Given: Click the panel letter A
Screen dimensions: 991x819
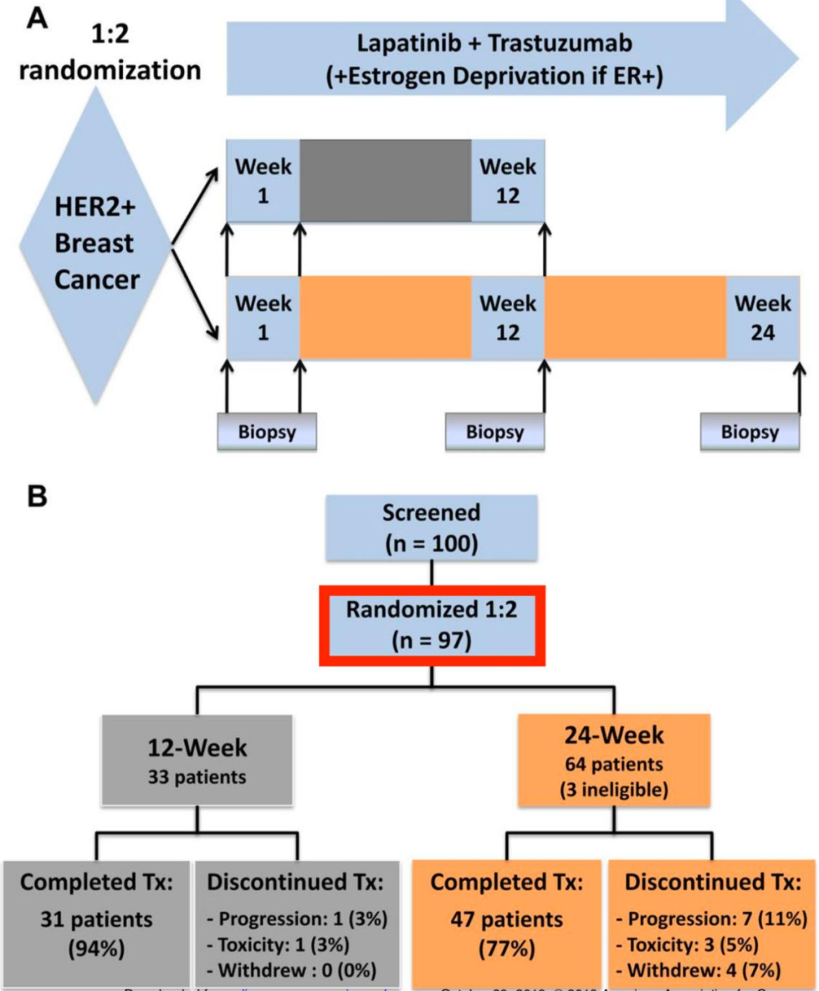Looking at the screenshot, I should (37, 17).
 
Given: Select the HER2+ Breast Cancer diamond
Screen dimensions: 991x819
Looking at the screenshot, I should (96, 244).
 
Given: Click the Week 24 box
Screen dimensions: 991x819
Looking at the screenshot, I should (762, 318).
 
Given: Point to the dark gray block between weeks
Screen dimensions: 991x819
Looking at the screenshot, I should (385, 180).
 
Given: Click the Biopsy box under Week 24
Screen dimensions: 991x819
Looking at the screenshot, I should (749, 432).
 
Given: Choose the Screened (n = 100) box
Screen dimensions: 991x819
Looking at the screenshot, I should (431, 528).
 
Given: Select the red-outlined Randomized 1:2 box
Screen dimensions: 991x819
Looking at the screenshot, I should (431, 625).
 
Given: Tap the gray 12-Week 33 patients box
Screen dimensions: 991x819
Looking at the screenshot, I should (197, 760).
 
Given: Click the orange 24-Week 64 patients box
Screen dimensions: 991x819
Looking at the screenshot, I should (613, 760).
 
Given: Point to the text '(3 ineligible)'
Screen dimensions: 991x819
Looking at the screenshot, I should (613, 790).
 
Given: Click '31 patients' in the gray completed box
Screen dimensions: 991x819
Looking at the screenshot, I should (96, 919).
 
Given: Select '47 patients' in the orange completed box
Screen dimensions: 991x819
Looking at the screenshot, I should (507, 919).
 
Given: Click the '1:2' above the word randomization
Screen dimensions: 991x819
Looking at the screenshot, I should (110, 34).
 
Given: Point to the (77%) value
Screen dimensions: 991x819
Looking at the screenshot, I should (507, 949).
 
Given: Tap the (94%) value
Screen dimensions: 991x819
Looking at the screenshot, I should (96, 949).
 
